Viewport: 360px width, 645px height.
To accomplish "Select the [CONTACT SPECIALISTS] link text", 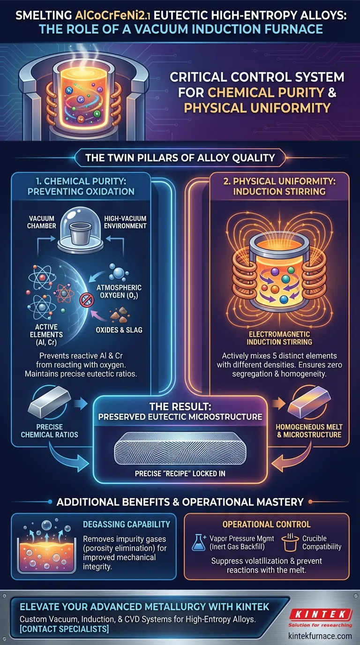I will coord(64,629).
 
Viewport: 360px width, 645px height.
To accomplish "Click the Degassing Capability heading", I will coord(126,524).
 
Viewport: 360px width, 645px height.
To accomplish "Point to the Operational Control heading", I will coord(266,523).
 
